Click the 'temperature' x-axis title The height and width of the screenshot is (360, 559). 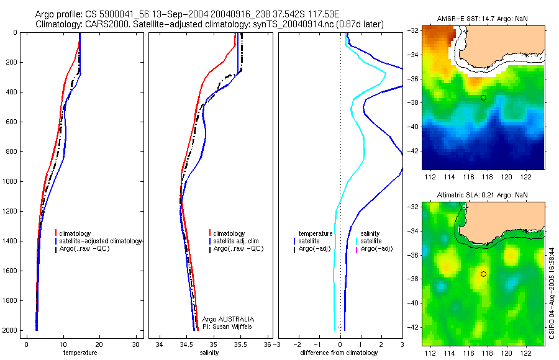[x=80, y=353]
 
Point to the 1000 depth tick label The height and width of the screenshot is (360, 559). [x=9, y=181]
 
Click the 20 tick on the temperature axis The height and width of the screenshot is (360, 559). [x=99, y=344]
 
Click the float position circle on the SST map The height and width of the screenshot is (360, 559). [x=483, y=97]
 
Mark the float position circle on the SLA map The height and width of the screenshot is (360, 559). [x=483, y=274]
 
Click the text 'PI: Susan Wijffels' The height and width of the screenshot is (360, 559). [x=228, y=326]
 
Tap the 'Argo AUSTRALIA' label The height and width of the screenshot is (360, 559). [x=228, y=319]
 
